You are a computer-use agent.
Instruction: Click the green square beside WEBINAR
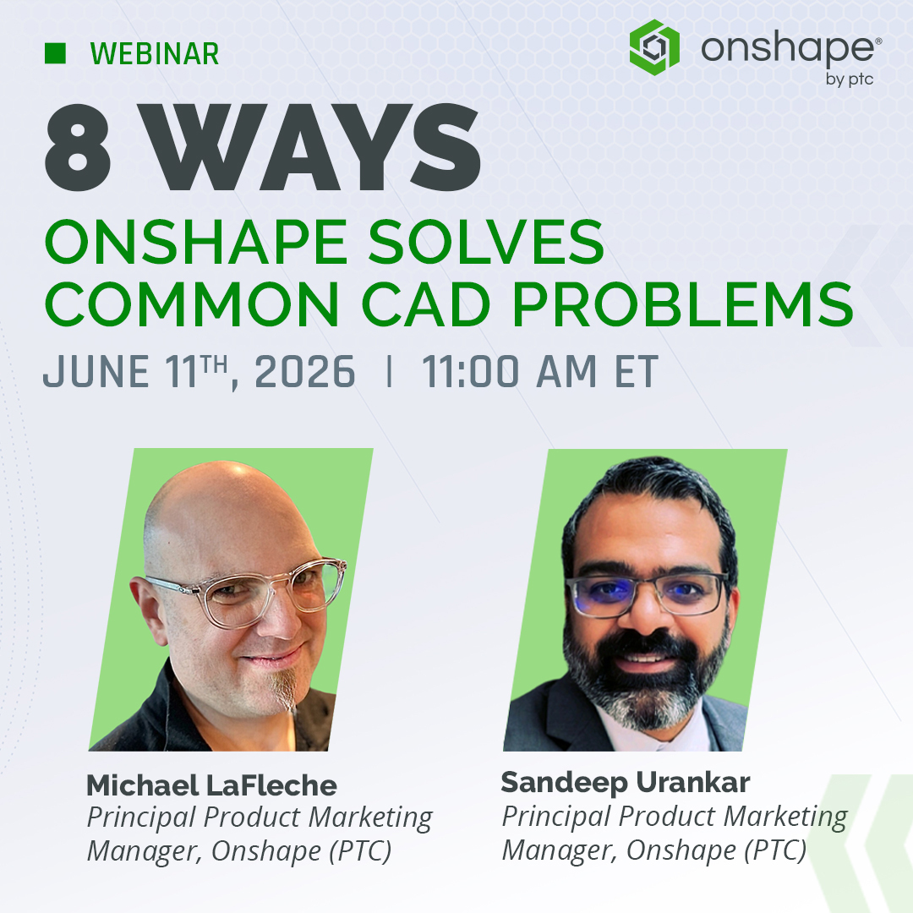tap(55, 53)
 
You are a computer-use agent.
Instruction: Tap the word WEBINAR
tap(155, 53)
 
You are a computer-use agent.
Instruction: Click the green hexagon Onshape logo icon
tap(654, 47)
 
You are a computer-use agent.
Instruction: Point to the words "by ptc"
tap(849, 79)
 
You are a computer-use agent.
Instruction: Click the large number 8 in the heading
tap(78, 147)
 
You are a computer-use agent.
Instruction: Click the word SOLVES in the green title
tap(486, 242)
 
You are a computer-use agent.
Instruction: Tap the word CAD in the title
tap(425, 304)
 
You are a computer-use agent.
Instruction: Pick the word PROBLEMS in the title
tap(682, 304)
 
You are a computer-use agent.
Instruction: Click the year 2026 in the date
tap(304, 371)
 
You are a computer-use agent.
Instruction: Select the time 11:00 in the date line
tap(470, 371)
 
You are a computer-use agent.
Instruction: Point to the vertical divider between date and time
tap(389, 371)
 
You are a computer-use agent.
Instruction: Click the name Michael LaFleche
tap(211, 785)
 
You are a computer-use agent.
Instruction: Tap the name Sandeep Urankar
tap(626, 782)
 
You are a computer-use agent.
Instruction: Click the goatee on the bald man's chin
tap(286, 691)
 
